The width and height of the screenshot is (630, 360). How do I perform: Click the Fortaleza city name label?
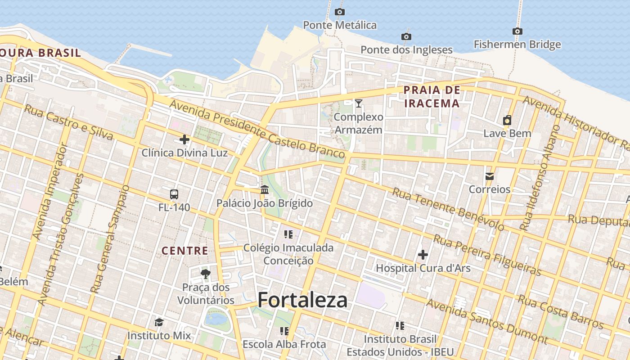click(302, 300)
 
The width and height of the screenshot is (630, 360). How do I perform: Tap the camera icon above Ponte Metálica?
click(340, 12)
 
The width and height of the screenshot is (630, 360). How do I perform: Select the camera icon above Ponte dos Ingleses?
click(406, 36)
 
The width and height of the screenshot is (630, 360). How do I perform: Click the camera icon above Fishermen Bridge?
click(517, 31)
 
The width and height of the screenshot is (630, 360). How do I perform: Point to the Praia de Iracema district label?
click(432, 97)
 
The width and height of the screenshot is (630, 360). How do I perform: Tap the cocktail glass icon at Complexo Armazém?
click(359, 103)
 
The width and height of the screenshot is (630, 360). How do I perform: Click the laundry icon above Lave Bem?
click(507, 120)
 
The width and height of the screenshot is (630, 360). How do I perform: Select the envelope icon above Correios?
click(490, 176)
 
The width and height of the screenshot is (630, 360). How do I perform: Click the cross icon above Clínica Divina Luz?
click(184, 139)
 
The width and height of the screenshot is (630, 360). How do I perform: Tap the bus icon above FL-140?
click(174, 194)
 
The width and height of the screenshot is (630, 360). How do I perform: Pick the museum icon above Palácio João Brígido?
click(265, 189)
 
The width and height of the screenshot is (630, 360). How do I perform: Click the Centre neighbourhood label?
click(185, 251)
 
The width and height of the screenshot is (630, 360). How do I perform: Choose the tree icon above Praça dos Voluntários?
click(206, 274)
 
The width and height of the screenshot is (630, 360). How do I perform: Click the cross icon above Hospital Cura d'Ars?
click(423, 255)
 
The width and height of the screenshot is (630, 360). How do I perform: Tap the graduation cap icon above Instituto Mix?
click(159, 322)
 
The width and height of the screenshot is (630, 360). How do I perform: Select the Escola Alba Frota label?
click(284, 344)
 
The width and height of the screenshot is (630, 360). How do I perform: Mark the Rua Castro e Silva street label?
click(68, 121)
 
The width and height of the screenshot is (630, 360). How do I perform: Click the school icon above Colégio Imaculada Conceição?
click(288, 234)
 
